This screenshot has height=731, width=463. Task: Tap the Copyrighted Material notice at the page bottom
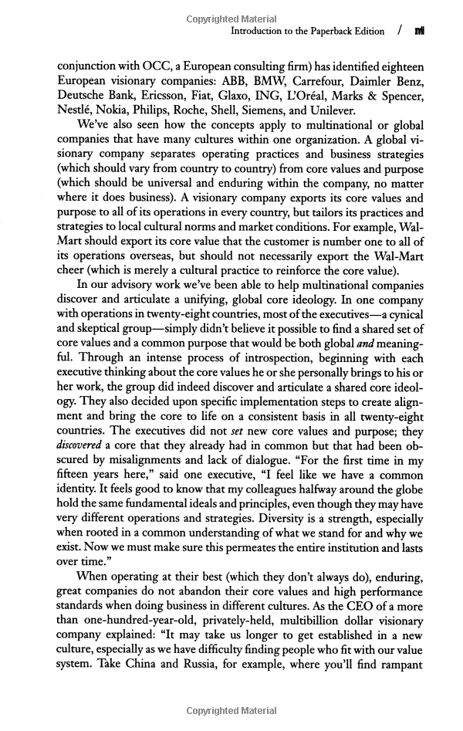[231, 711]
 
